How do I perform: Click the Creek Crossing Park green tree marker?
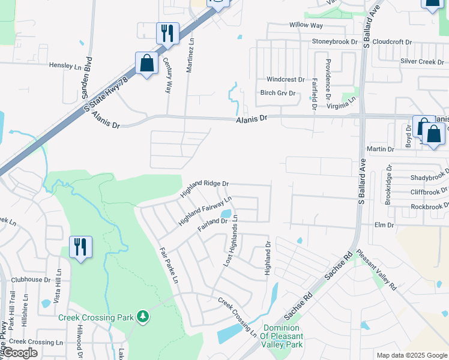tap(142, 316)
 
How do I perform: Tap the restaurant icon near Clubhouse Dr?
tap(80, 247)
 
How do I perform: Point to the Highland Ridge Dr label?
tap(204, 188)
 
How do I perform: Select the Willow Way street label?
tap(306, 25)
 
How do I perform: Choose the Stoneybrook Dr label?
tap(334, 42)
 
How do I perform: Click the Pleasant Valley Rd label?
tap(376, 271)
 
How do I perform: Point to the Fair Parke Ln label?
tap(169, 265)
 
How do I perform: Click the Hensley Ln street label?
tap(65, 65)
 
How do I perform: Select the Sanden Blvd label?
tap(89, 74)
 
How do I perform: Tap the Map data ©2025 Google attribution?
tap(412, 355)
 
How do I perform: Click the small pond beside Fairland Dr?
tap(226, 213)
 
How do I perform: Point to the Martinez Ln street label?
tap(190, 56)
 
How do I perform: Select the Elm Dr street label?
tap(383, 225)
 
